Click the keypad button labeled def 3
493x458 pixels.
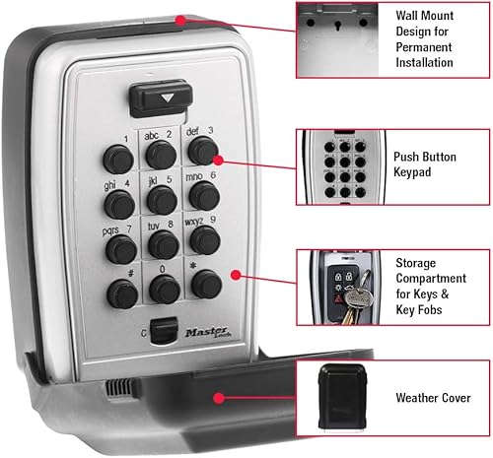click(204, 150)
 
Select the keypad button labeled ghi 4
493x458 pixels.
click(119, 204)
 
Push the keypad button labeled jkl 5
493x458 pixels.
click(162, 200)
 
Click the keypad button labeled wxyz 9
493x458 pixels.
click(204, 238)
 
